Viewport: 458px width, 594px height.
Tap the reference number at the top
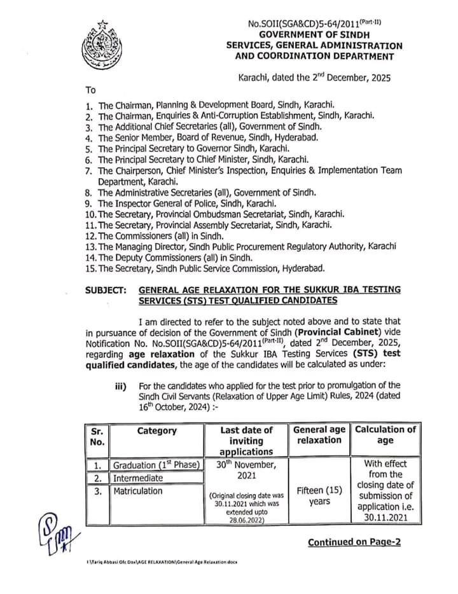click(314, 24)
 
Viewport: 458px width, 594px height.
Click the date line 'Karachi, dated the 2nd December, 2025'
click(314, 77)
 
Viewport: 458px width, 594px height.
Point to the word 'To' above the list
click(90, 90)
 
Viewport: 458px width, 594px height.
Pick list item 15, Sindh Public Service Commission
click(207, 268)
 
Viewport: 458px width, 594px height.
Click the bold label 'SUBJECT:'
click(107, 289)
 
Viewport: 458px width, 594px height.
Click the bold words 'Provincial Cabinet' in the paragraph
click(340, 331)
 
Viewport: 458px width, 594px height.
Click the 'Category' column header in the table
click(156, 431)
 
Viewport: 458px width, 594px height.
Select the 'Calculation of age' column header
click(385, 434)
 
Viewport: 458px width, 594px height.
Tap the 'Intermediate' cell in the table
click(138, 478)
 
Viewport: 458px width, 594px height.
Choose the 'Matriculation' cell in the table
click(138, 490)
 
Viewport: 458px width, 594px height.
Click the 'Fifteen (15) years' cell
click(319, 495)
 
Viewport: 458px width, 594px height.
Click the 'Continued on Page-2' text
click(354, 542)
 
